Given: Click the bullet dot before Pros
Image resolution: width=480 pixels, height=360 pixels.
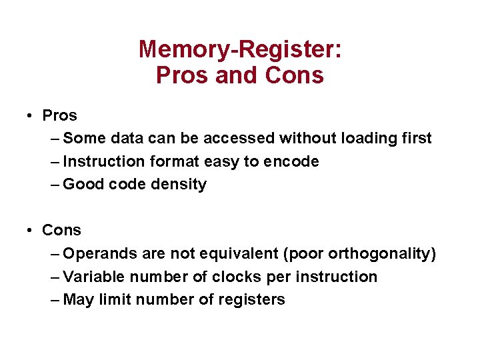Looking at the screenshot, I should coord(31,116).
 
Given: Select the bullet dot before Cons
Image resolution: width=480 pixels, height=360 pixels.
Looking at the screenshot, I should coord(31,231).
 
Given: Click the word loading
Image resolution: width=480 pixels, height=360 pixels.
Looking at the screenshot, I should coord(369,139).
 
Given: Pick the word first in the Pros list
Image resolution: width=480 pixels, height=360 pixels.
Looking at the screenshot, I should coord(417,139).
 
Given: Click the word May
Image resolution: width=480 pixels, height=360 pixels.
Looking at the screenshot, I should coord(79,300).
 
